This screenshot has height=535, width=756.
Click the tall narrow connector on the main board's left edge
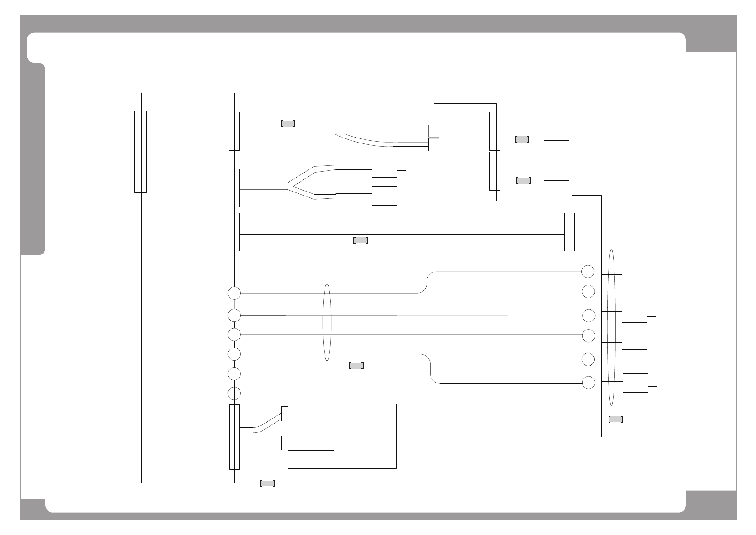point(140,152)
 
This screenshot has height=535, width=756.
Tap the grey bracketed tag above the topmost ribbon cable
point(288,124)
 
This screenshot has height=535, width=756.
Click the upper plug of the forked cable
point(385,168)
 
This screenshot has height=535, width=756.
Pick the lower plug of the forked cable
point(385,196)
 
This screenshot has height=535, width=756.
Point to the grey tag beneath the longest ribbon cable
point(360,240)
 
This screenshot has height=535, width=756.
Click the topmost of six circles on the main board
point(234,293)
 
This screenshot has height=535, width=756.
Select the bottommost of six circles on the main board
point(234,393)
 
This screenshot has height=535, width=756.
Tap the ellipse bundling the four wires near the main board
point(327,322)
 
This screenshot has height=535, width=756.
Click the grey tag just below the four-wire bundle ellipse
point(356,366)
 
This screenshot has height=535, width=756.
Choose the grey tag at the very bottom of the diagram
point(267,483)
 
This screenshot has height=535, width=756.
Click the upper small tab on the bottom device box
point(284,414)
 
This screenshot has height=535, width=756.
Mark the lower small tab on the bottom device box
point(284,443)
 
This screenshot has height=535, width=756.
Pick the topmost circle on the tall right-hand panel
point(588,272)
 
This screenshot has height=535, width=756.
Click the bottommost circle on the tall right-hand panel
point(588,383)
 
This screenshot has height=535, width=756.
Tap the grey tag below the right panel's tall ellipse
point(615,419)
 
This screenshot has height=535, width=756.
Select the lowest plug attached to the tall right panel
point(635,383)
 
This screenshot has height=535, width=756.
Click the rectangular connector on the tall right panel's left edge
point(569,232)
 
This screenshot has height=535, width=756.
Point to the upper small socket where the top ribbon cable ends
point(433,131)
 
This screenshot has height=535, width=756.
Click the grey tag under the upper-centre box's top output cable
point(522,139)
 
